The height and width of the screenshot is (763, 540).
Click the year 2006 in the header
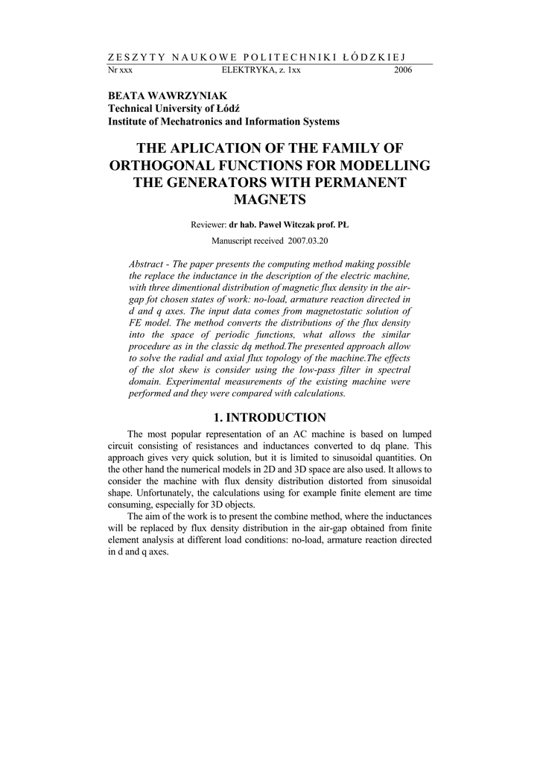(x=403, y=70)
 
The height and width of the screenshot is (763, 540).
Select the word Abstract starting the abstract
(x=149, y=265)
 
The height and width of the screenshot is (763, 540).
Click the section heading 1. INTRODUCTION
(x=270, y=417)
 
